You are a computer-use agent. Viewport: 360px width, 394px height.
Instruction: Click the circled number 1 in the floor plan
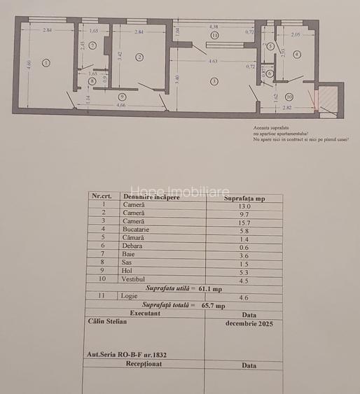tap(46, 63)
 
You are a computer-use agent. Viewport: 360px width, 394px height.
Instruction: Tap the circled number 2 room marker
tap(139, 57)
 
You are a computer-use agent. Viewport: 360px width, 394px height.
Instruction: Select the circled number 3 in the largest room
tap(214, 81)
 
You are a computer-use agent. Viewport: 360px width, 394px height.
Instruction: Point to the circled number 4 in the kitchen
tap(297, 54)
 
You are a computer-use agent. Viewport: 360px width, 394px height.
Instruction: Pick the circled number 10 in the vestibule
tap(289, 97)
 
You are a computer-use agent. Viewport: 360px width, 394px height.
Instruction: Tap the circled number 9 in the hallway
tap(122, 96)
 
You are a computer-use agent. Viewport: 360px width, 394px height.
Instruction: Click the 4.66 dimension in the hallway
tap(121, 105)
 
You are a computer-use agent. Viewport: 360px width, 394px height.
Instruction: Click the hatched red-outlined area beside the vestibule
tap(328, 99)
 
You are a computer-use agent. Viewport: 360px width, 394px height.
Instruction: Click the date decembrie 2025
tap(249, 324)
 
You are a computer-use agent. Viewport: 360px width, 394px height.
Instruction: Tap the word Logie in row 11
tap(129, 297)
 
